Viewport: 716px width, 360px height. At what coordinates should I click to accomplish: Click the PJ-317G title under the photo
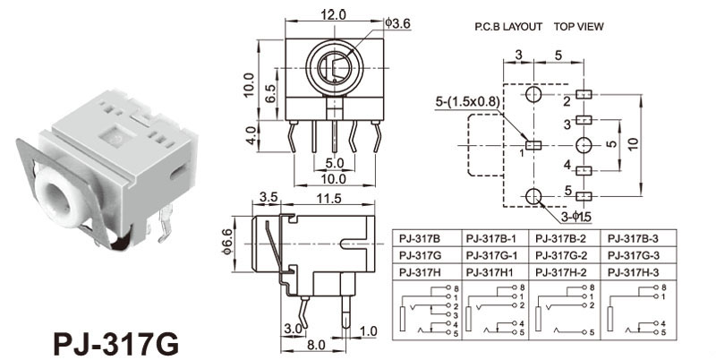(x=116, y=343)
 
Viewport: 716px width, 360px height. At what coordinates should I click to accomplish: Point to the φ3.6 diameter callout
(x=398, y=22)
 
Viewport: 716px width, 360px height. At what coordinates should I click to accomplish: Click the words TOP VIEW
(x=578, y=27)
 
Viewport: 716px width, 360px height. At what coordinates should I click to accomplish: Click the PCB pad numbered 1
(x=534, y=144)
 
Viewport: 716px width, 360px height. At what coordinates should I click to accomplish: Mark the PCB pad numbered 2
(x=585, y=95)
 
